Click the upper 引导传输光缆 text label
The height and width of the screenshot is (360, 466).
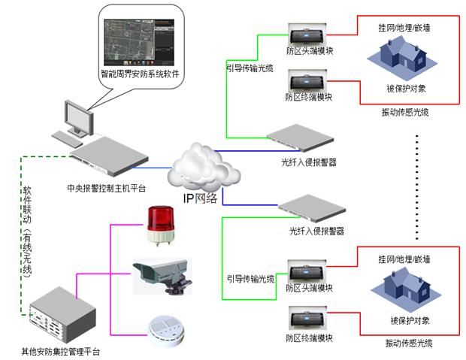coord(250,68)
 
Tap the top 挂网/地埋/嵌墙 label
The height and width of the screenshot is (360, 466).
coord(404,27)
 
